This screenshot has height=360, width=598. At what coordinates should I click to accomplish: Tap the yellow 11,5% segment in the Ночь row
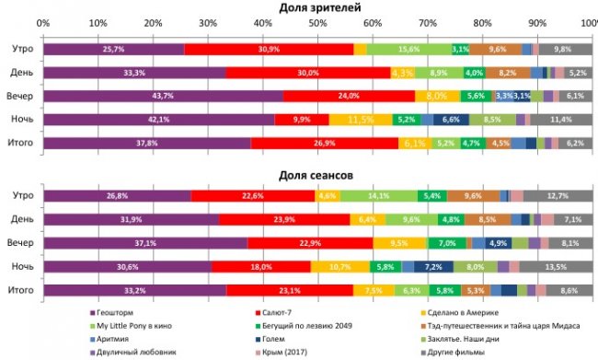[x=360, y=120]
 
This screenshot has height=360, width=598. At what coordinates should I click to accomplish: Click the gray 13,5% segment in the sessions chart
[x=557, y=266]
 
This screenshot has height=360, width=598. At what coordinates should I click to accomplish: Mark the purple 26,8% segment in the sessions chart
[x=117, y=195]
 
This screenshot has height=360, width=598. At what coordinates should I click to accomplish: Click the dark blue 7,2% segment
[x=432, y=266]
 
